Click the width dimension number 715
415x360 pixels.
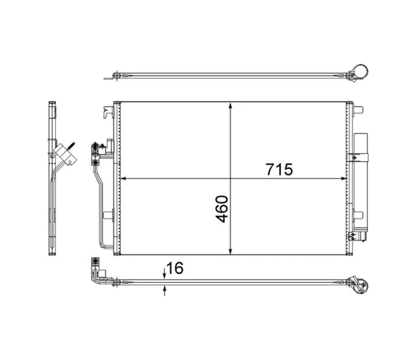280,170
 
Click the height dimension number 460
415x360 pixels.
221,209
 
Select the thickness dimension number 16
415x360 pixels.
175,268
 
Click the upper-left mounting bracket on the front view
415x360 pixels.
106,110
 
